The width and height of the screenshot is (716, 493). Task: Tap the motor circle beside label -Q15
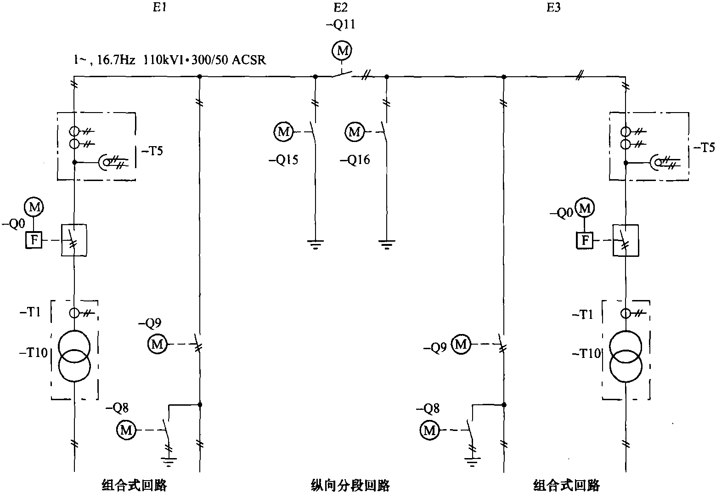[x=283, y=132]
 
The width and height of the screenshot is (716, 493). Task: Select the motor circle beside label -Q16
[x=354, y=132]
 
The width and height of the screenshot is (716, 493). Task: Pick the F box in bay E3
[x=585, y=240]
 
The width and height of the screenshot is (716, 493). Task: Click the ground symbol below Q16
[x=387, y=244]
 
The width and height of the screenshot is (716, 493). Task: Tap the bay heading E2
[x=341, y=8]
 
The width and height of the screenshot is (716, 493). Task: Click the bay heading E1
[x=160, y=8]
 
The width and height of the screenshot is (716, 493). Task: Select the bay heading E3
[x=554, y=8]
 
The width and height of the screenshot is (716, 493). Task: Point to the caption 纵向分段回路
[x=350, y=485]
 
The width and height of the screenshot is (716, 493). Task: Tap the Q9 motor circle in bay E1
[x=157, y=344]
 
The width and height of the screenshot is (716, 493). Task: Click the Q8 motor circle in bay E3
[x=429, y=430]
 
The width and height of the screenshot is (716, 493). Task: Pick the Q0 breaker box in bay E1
[x=74, y=240]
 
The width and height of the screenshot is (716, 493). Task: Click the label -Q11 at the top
[x=340, y=25]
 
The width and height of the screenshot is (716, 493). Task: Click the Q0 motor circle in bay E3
[x=585, y=209]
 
